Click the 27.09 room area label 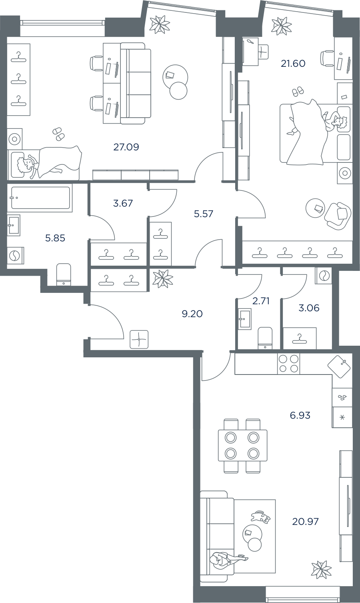point(126,147)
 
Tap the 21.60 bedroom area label point(293,64)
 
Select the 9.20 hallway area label point(192,314)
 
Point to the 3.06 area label point(309,308)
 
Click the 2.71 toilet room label point(261,300)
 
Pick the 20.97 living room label point(305,521)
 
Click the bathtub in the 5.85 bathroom point(41,198)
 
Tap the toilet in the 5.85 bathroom point(64,274)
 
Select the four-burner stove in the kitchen point(288,364)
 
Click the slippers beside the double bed point(298,92)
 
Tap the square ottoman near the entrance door point(139,339)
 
